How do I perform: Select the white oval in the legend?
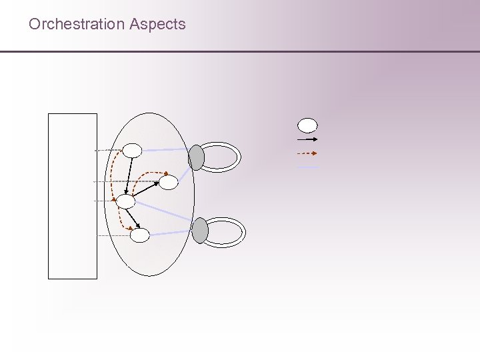[x=307, y=125]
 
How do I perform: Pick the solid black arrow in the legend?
[x=307, y=140]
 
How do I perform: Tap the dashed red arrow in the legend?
[x=307, y=153]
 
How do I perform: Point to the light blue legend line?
[x=307, y=167]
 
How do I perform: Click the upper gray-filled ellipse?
[x=196, y=157]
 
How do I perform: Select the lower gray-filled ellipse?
[x=200, y=231]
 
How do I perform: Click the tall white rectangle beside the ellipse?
[x=73, y=195]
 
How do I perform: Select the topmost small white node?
[x=131, y=151]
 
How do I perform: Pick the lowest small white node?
[x=139, y=235]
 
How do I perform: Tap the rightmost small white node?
[x=169, y=181]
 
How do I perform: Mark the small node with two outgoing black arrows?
[x=125, y=201]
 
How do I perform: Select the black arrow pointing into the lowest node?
[x=133, y=218]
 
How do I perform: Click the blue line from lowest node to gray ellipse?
[x=171, y=233]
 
